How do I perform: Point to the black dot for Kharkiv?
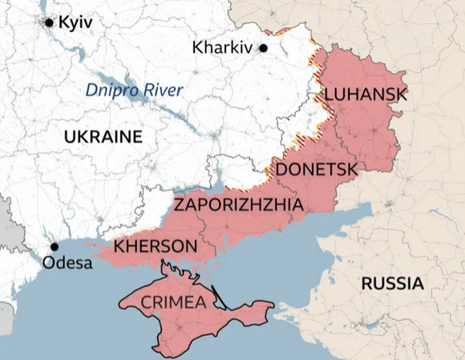(x=262, y=48)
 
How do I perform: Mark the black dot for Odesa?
(x=55, y=247)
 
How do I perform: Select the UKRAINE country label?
(x=103, y=136)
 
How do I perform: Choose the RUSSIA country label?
(x=392, y=283)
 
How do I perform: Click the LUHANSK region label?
(x=365, y=95)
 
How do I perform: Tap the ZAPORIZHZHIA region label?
(x=238, y=205)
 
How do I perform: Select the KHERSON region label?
(x=155, y=245)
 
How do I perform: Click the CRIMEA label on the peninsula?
(x=174, y=302)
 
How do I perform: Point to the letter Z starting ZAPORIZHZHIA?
(x=180, y=205)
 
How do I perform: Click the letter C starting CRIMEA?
(x=146, y=302)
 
